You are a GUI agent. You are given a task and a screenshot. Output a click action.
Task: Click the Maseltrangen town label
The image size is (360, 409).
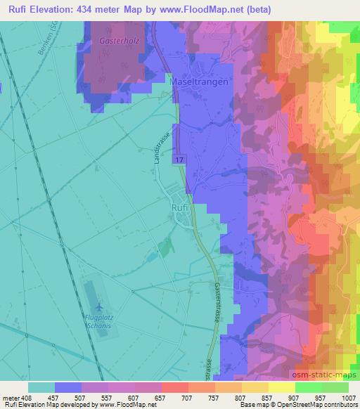(x=198, y=82)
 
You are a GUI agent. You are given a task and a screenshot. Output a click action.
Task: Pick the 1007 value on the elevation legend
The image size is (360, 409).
(x=348, y=398)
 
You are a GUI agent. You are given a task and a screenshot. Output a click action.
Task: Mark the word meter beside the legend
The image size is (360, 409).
(x=11, y=398)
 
